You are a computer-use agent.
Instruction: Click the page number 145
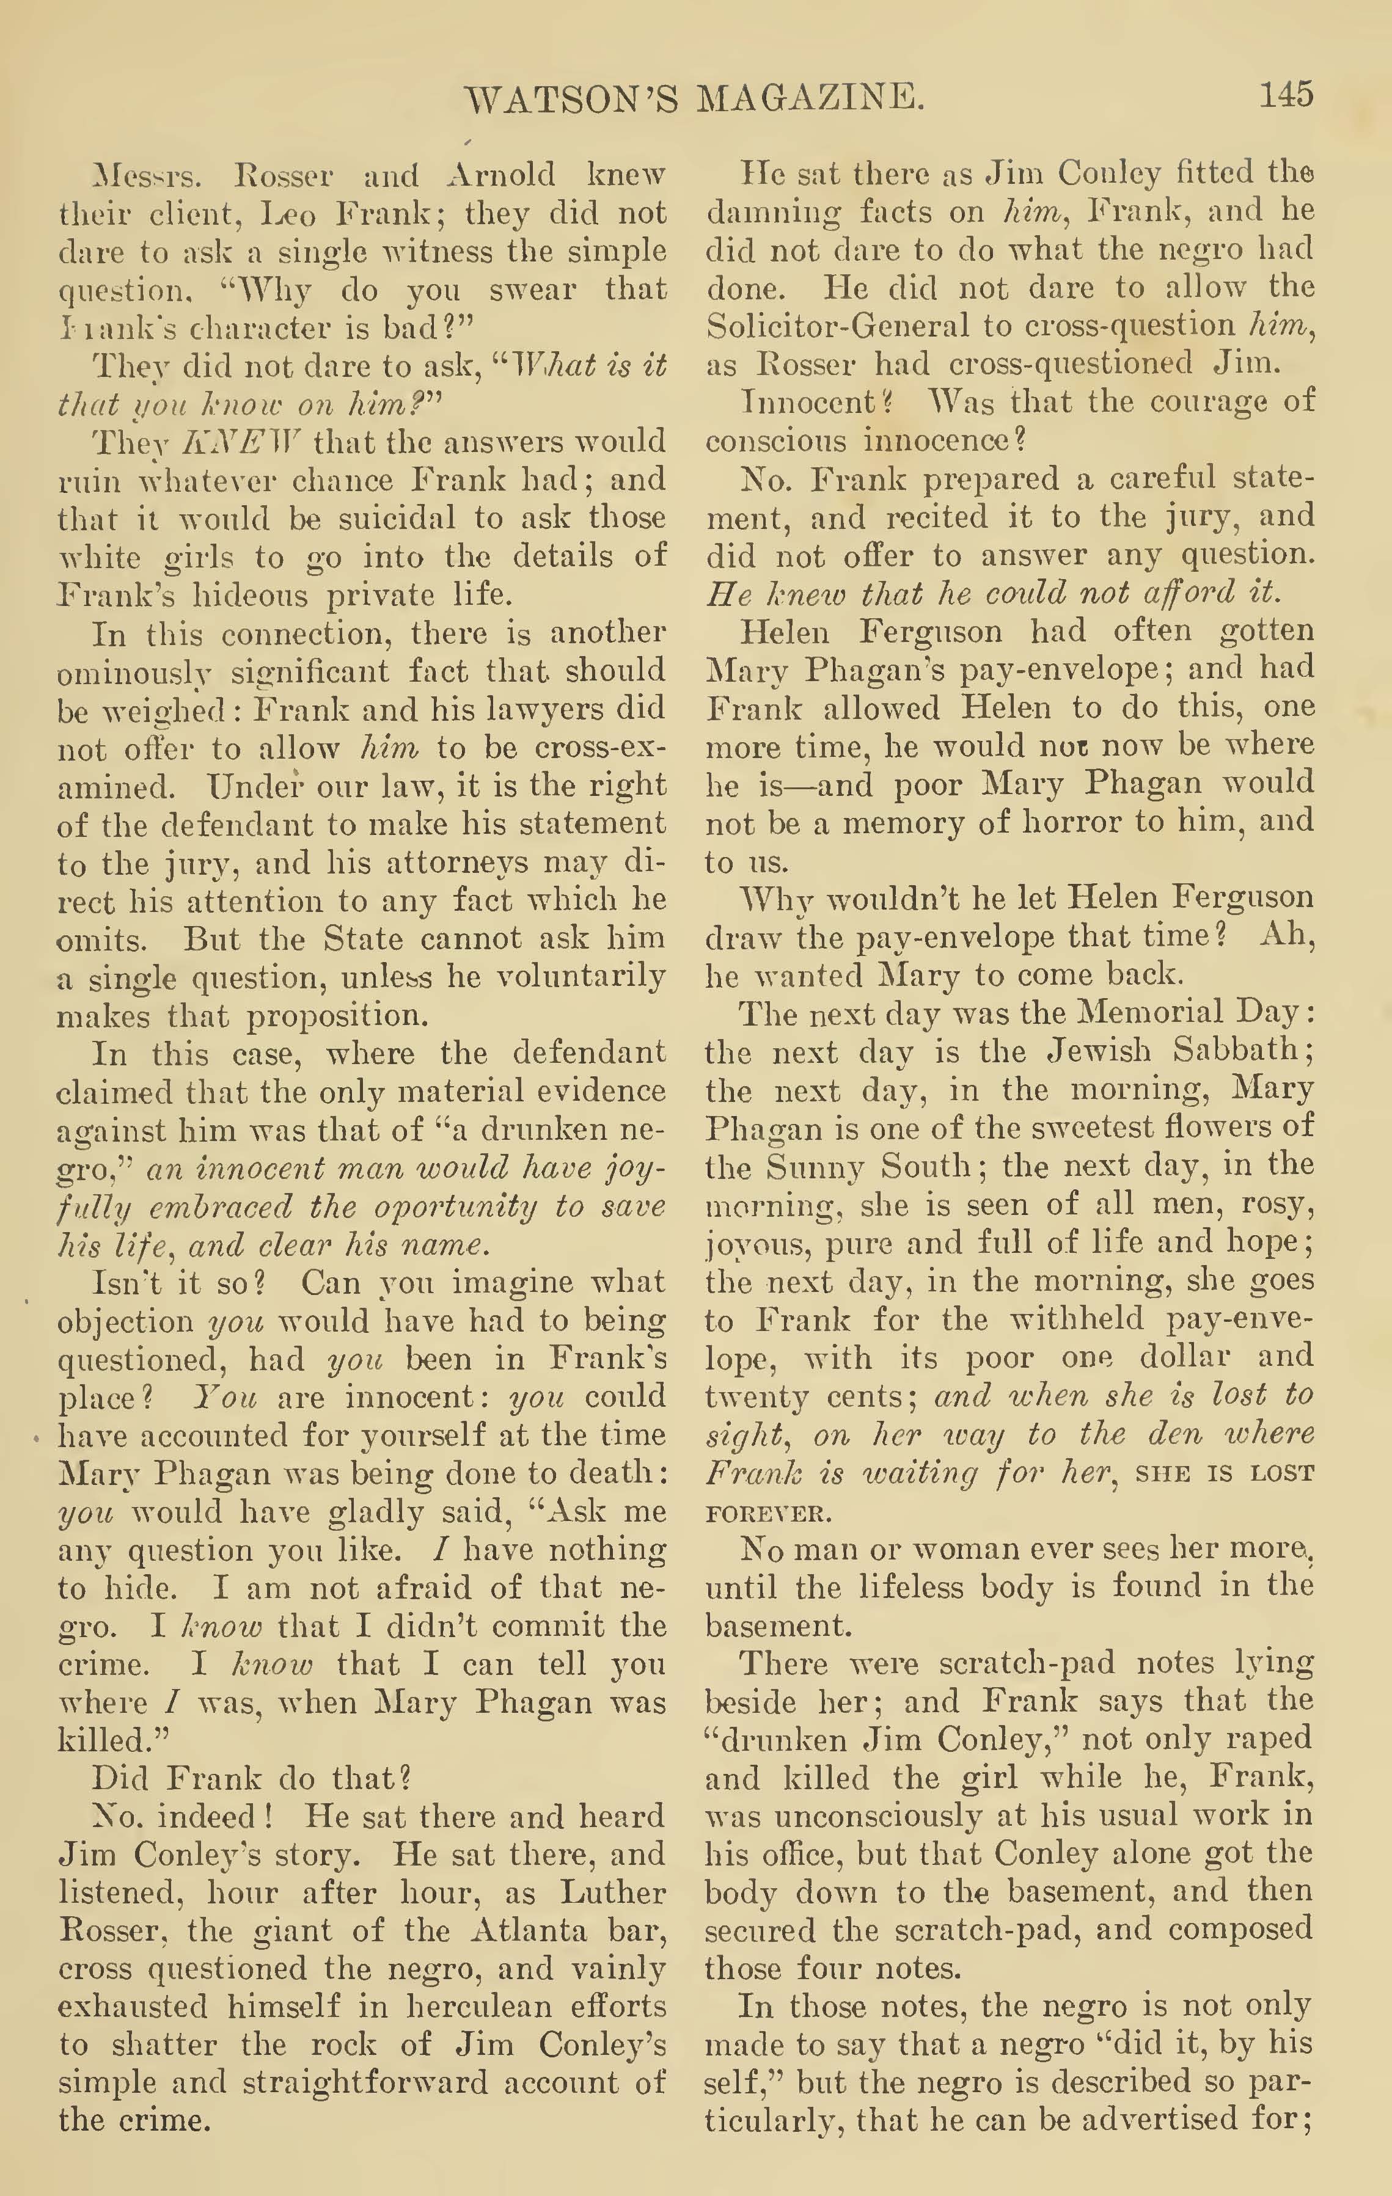point(1285,94)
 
